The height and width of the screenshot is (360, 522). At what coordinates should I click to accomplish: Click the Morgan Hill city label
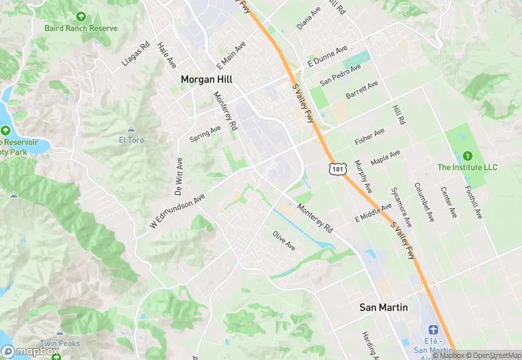pos(206,79)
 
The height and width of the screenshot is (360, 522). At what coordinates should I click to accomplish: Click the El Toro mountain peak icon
pos(131,129)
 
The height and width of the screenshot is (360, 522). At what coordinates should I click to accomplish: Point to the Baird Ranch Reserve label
pos(81,28)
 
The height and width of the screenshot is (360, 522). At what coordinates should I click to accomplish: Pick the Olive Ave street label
pos(284,240)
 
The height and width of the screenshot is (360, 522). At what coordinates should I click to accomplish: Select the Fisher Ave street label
pos(370,136)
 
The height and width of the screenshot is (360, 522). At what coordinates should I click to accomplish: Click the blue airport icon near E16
pos(432,331)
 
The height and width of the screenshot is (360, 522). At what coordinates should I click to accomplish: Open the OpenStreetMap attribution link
pos(492,355)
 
